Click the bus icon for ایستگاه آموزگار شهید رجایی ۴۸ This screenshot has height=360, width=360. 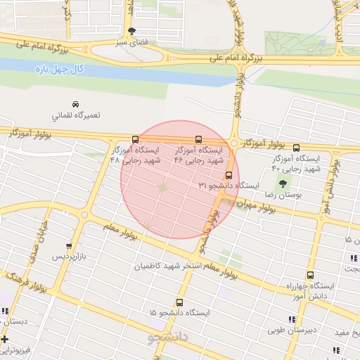coord(135,139)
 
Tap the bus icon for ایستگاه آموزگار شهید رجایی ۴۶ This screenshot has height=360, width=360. coord(198,139)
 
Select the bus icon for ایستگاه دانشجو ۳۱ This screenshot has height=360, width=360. coord(229,175)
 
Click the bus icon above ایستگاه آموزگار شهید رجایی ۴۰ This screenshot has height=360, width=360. coord(296,148)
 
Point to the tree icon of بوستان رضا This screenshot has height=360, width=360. coord(283,184)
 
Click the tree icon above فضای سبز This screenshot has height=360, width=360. coord(131,30)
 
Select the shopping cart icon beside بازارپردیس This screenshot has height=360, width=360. coord(68,246)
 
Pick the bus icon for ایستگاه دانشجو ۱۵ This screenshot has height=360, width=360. coord(179,302)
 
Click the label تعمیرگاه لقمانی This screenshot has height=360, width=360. coord(76,115)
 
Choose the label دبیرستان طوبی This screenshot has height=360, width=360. coord(323,329)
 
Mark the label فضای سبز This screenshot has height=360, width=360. coord(131,41)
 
